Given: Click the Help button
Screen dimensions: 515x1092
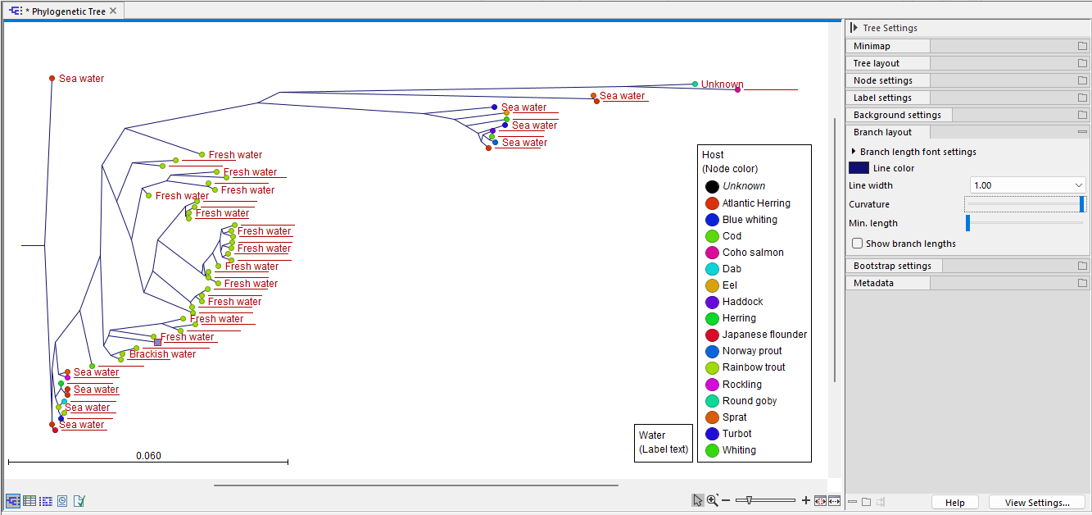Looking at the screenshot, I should [954, 503].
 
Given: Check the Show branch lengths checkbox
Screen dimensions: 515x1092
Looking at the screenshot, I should [857, 244].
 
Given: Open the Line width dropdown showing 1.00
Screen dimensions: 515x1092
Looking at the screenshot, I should [1027, 186].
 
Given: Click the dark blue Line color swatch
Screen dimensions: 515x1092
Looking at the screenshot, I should [859, 168].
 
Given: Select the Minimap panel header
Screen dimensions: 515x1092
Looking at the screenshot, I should [887, 46].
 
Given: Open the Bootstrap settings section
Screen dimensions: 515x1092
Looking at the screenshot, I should [892, 266].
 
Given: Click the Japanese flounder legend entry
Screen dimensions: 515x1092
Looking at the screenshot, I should [763, 335].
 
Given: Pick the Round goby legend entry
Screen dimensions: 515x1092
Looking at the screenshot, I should [749, 401].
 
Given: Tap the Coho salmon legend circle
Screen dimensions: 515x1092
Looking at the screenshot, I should [712, 253].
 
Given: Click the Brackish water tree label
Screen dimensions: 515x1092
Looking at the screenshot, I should [162, 354].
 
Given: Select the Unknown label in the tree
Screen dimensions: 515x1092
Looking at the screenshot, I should [722, 84].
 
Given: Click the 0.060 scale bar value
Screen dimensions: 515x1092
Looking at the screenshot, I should [148, 456].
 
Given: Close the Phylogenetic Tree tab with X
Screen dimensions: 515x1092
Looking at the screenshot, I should [113, 11].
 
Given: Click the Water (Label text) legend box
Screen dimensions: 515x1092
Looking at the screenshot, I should [663, 442].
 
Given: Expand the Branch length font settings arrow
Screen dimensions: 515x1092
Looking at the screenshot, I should [854, 152].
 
